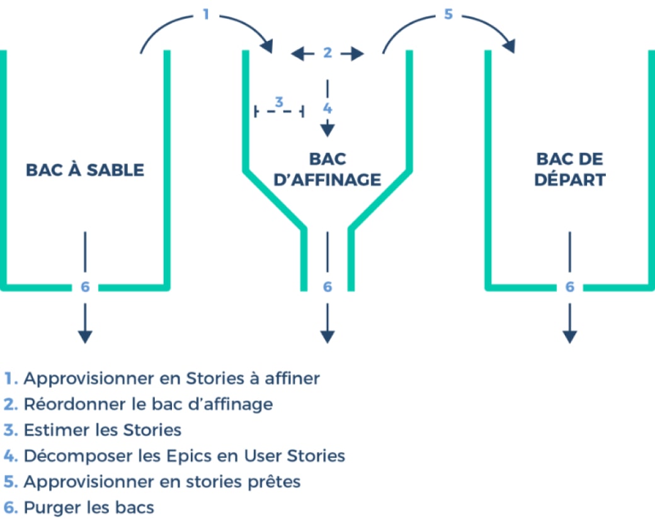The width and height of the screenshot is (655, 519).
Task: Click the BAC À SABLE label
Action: click(x=85, y=170)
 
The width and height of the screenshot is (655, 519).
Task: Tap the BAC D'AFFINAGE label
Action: click(x=327, y=170)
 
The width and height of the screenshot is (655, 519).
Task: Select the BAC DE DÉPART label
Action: click(x=569, y=170)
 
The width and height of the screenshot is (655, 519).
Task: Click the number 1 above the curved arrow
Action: click(x=205, y=13)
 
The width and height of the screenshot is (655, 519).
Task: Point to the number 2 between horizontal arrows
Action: click(x=327, y=53)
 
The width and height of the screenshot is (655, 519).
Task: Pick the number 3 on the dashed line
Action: click(x=279, y=102)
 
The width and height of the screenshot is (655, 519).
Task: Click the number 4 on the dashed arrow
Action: click(x=327, y=108)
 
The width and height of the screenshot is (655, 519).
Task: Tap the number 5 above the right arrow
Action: click(x=448, y=14)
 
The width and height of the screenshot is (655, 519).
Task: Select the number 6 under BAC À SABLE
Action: click(x=86, y=287)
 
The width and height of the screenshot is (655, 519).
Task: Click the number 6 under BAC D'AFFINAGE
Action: click(x=327, y=287)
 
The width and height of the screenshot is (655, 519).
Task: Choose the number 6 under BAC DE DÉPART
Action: click(x=569, y=287)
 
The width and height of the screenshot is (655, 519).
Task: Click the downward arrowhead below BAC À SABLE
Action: click(x=85, y=337)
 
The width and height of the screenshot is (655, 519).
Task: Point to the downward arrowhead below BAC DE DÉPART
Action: click(x=569, y=337)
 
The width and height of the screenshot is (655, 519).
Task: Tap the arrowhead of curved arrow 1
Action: click(x=268, y=47)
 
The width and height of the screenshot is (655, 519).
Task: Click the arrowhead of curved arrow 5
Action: click(x=509, y=46)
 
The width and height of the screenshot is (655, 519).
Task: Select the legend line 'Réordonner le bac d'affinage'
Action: click(x=148, y=404)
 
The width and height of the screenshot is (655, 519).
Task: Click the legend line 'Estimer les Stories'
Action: click(x=103, y=430)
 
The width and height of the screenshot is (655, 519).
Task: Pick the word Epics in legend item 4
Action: click(x=225, y=455)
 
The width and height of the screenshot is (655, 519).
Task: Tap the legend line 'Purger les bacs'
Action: click(x=89, y=507)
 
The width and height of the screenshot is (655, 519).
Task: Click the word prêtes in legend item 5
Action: click(x=272, y=481)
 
